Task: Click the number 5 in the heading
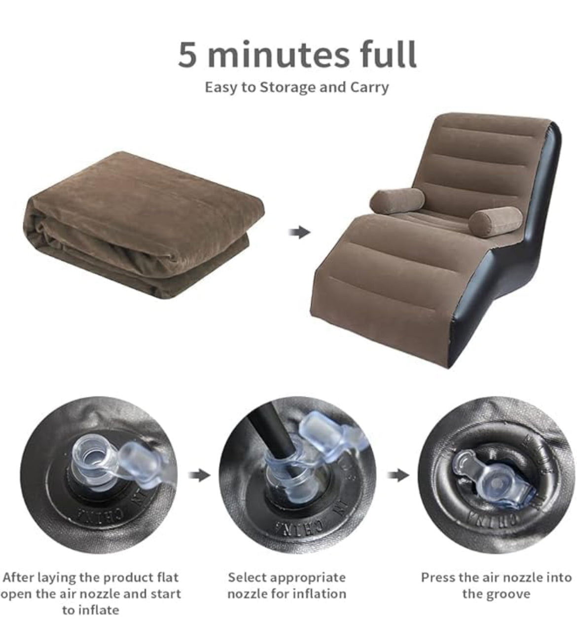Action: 187,54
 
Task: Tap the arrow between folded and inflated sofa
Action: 299,232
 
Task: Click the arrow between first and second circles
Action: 200,475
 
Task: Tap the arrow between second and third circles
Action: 398,475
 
